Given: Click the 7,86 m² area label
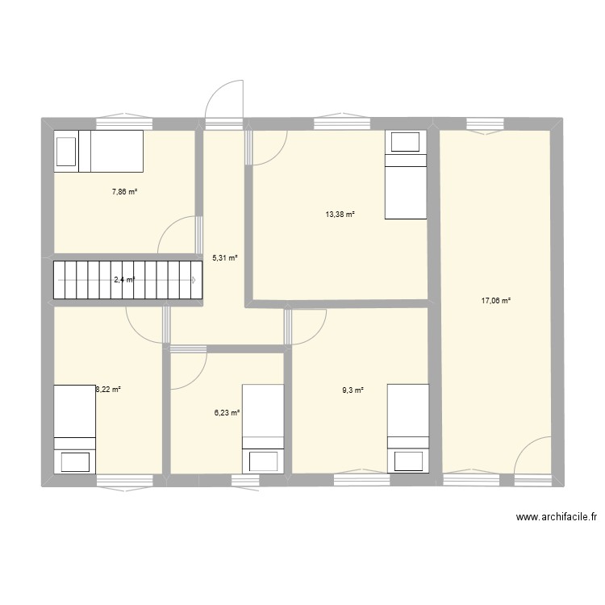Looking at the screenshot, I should click(125, 192).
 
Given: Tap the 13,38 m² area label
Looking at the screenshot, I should click(340, 215).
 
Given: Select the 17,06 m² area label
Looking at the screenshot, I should click(496, 301).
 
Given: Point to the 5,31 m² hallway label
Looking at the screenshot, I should click(225, 258).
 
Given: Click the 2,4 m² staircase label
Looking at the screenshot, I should click(124, 280).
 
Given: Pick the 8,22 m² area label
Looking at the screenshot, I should click(108, 390).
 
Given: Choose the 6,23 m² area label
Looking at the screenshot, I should click(227, 412).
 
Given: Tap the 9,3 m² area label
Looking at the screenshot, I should click(353, 390).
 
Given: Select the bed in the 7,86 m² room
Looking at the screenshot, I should click(98, 151).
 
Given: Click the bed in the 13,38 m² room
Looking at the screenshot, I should click(405, 175).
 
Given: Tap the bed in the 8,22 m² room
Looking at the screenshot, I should click(75, 428).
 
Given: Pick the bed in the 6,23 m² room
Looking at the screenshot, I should click(263, 428).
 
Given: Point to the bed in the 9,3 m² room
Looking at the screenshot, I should click(408, 428).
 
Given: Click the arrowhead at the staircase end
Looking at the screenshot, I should click(194, 280).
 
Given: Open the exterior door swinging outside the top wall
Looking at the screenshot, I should click(226, 101).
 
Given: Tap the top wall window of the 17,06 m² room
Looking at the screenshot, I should click(486, 123).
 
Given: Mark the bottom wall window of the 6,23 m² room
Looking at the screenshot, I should click(245, 481).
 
